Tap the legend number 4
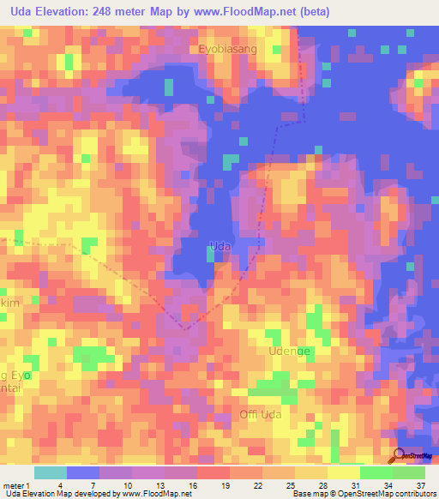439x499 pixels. point(83,485)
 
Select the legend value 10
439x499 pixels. point(151,485)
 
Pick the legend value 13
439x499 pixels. point(184,485)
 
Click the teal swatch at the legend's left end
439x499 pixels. point(50,472)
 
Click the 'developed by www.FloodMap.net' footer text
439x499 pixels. point(141,494)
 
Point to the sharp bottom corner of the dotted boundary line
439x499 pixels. point(184,328)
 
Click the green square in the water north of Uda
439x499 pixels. point(228,161)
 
